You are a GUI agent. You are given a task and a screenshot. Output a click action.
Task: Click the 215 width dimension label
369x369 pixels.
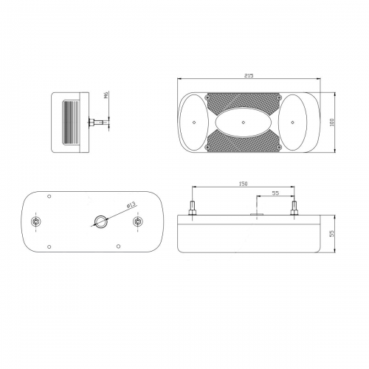249,75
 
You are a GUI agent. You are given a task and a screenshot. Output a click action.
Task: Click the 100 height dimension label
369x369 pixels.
332,123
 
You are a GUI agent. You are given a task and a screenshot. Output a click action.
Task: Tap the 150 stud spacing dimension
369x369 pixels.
243,184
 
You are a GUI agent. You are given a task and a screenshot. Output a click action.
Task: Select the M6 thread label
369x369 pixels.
106,95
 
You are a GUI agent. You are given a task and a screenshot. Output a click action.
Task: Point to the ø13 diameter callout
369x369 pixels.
131,205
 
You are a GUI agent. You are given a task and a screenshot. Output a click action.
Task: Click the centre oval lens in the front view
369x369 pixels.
244,123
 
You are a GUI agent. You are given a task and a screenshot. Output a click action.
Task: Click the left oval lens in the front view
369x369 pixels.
194,123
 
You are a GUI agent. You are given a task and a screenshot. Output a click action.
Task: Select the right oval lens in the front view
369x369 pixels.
292,123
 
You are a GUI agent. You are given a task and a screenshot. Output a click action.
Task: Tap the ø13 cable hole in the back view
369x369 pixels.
100,221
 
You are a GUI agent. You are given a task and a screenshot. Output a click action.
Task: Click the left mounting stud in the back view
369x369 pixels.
36,221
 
